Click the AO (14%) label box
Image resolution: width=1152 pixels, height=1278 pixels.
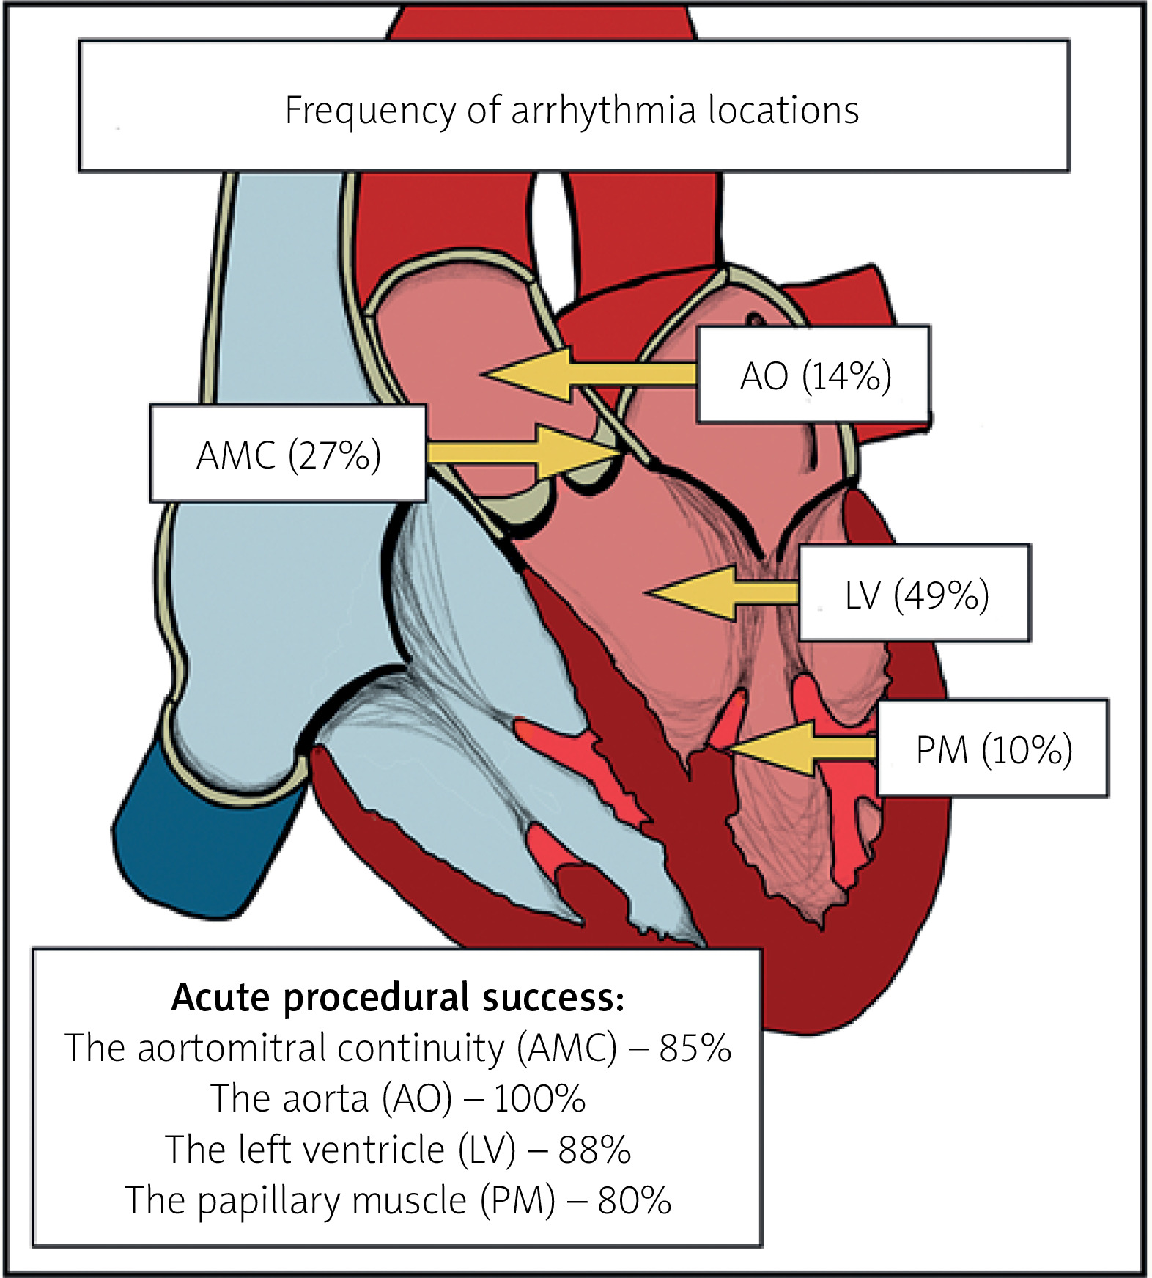[x=813, y=375]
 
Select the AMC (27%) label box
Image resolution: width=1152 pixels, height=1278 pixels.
[x=288, y=454]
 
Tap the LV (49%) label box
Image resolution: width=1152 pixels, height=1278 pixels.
[x=915, y=593]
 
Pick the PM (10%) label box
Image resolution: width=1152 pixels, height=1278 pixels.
[x=993, y=749]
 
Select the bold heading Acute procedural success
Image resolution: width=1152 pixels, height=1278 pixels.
[x=397, y=997]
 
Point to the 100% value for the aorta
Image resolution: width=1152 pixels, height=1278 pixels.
[x=539, y=1098]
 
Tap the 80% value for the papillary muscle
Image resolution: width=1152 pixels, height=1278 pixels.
[x=635, y=1200]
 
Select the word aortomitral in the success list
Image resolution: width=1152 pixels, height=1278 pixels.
[x=231, y=1048]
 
